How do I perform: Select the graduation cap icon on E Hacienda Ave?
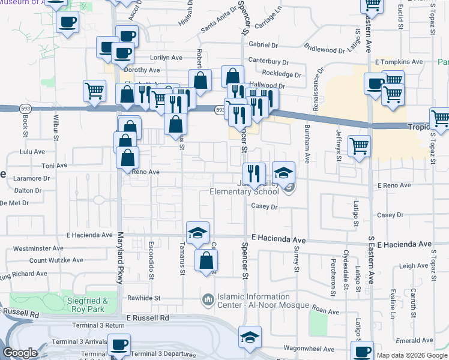click(196, 233)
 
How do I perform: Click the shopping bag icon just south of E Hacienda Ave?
click(206, 260)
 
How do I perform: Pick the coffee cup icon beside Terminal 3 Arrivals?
click(119, 346)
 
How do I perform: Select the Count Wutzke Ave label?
click(56, 260)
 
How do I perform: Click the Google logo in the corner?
click(20, 353)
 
